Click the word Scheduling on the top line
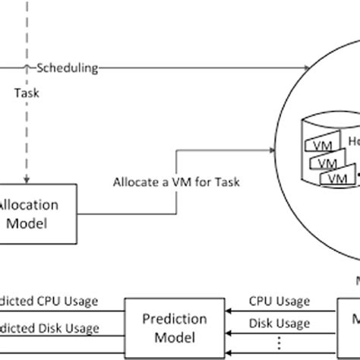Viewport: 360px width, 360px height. [68, 68]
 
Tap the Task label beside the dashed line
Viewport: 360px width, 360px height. [27, 93]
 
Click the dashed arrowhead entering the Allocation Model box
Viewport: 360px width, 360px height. [27, 181]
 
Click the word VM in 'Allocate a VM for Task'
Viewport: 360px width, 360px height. [173, 182]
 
